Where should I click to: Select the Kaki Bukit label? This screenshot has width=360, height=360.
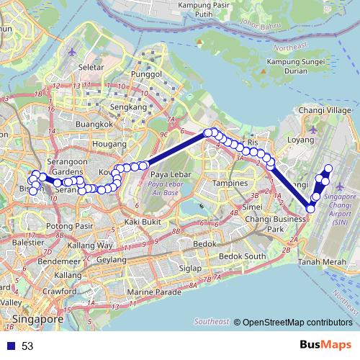tap(142, 222)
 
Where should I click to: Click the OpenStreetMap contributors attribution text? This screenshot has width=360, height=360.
tap(296, 323)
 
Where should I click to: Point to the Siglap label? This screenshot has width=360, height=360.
tap(190, 268)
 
